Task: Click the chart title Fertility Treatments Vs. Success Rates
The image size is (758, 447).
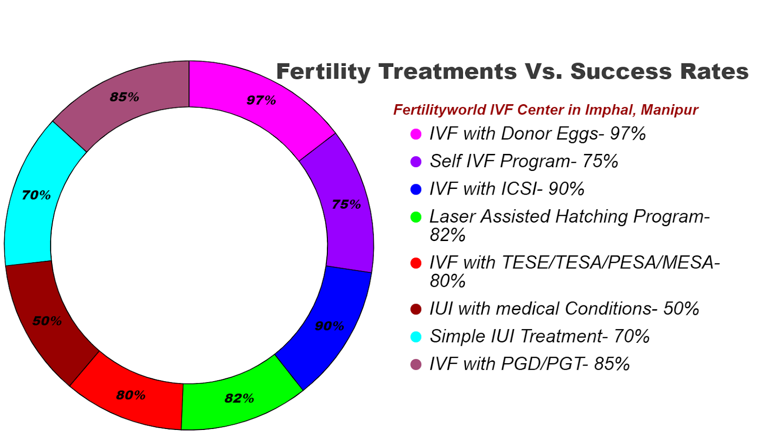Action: pos(512,72)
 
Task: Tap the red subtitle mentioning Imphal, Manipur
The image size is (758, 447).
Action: pos(545,110)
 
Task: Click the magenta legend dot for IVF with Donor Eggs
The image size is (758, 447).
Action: pos(416,134)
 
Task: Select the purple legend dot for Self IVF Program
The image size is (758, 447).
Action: pos(416,161)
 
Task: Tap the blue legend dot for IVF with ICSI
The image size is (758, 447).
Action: pos(416,189)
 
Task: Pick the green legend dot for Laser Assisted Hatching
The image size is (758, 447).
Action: pos(416,217)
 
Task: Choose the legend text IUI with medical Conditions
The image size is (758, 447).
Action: pos(564,309)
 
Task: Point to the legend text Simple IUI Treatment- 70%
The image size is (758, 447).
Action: pos(539,336)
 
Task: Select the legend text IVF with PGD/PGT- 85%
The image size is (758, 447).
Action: pos(529,364)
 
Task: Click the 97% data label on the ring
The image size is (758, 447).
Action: pos(261,100)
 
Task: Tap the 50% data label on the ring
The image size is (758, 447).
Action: pos(47,321)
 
